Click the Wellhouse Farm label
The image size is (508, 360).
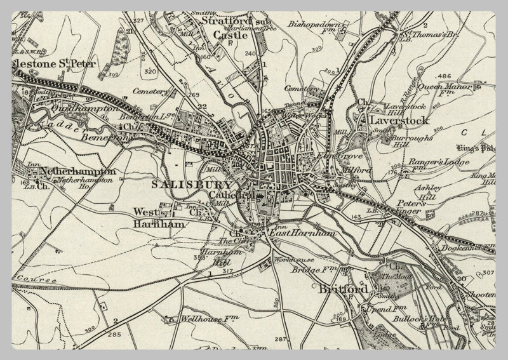[199, 319]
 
